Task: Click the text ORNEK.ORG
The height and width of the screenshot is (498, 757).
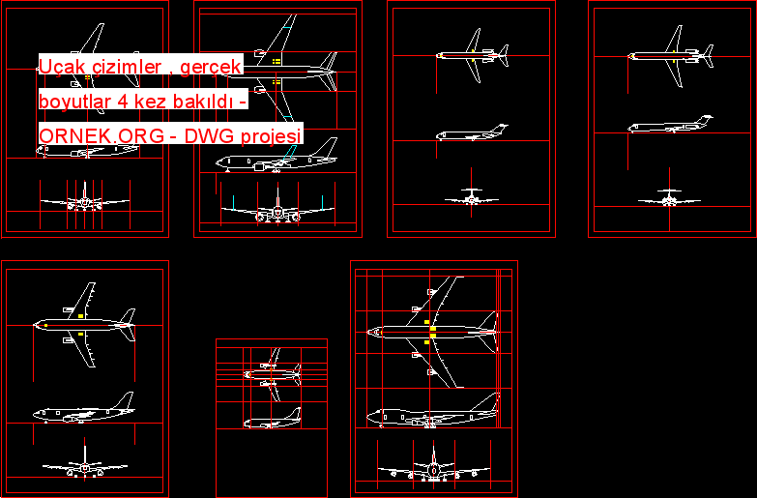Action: [102, 136]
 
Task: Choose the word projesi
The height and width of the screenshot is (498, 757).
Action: [271, 136]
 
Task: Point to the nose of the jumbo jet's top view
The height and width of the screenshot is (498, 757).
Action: [369, 333]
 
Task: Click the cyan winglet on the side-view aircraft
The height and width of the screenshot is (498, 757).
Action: [290, 153]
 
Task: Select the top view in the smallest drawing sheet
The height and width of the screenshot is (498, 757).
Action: [273, 374]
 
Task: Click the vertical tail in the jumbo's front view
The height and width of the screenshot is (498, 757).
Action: [433, 455]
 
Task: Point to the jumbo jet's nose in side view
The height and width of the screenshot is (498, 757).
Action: [369, 417]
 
